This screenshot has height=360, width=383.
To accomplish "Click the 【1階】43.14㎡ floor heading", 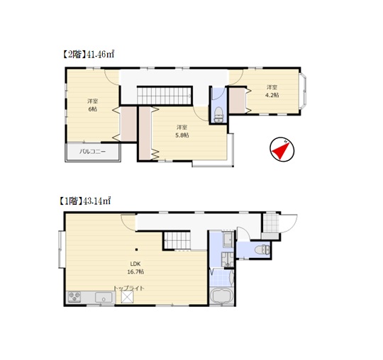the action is tap(84, 201).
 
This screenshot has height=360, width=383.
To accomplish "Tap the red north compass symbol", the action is tap(282, 150).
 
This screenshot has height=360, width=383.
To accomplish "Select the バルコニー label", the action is tap(93, 152).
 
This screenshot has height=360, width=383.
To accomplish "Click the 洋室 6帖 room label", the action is tap(93, 105).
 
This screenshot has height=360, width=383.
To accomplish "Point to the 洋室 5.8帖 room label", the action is tap(182, 131).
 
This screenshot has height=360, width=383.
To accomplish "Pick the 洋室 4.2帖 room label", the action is tap(272, 91).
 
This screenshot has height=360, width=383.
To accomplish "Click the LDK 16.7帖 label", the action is tap(135, 267).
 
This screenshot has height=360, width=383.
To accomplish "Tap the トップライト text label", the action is tap(129, 288).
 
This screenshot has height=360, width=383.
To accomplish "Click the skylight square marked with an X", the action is tap(127, 297).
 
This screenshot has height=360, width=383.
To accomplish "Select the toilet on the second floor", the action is tap(218, 115).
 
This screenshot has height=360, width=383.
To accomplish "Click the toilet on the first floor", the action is tap(262, 249).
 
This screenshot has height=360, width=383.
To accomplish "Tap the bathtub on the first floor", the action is tap(221, 296).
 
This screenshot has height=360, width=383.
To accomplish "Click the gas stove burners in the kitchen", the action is tap(74, 297).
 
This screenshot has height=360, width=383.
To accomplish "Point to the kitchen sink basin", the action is tap(104, 297).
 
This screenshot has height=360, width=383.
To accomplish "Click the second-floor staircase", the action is tap(164, 95).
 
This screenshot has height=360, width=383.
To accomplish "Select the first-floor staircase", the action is tap(177, 240).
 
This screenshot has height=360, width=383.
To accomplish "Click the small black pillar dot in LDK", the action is tap(137, 249).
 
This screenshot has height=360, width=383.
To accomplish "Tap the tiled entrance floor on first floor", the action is tap(270, 223).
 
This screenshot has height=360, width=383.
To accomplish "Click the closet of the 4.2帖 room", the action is tap(237, 101).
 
